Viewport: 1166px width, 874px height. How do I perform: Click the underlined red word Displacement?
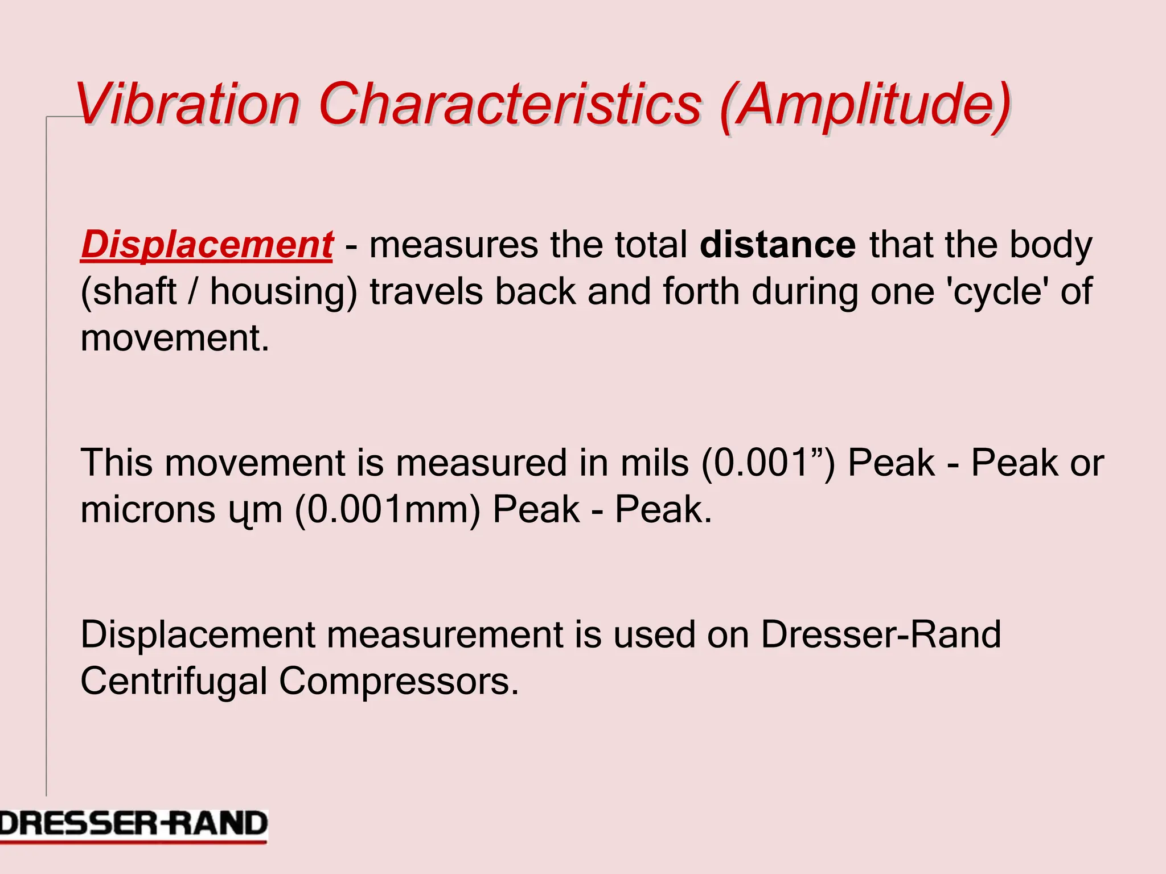click(x=207, y=245)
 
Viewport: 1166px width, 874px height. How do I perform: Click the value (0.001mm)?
click(x=387, y=510)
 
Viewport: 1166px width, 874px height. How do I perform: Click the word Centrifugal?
click(x=174, y=681)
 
